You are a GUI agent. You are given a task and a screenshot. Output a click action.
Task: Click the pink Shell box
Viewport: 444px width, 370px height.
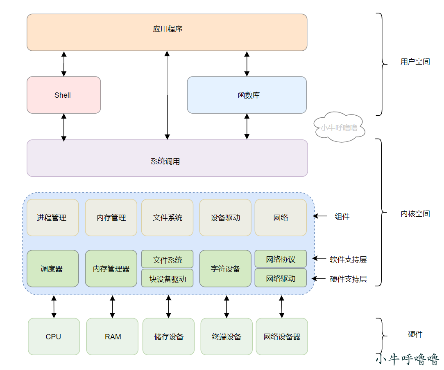point(64,95)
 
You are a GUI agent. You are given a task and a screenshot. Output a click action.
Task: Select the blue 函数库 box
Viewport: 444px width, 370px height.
point(247,95)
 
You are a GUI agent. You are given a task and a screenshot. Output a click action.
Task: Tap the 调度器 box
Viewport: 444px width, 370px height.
point(53,269)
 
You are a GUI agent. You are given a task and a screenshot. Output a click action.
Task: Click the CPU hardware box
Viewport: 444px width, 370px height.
point(54,336)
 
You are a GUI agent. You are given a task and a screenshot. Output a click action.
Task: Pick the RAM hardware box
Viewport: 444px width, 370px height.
point(112,336)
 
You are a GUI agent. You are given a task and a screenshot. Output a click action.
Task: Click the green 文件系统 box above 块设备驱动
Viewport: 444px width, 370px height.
point(168,259)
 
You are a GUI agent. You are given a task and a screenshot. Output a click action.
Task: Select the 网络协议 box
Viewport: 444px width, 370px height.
point(281,259)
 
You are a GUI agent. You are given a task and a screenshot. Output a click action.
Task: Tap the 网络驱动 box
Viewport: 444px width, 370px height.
point(281,278)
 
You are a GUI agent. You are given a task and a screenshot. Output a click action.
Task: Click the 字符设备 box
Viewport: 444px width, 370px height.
point(225,269)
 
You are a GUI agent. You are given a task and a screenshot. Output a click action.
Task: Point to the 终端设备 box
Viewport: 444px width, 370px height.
point(227,336)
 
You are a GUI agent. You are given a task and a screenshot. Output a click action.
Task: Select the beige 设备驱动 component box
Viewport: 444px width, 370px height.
point(225,218)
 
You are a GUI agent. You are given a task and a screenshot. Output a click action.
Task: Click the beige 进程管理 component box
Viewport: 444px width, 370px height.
point(53,218)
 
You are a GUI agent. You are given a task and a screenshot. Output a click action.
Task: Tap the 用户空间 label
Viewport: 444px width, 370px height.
point(415,62)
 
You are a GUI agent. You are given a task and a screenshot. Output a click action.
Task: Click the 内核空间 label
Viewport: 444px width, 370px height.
point(415,214)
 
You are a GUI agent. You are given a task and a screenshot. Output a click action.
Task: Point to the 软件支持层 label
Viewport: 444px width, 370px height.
point(348,259)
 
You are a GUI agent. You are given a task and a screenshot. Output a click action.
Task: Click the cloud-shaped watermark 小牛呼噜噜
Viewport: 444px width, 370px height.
point(339,127)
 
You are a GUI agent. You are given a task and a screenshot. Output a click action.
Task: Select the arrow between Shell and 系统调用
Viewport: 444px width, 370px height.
point(64,127)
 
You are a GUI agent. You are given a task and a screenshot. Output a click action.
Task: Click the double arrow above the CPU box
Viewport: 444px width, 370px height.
point(54,307)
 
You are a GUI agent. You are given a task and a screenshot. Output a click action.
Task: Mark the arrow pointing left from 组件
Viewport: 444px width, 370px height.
point(320,216)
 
